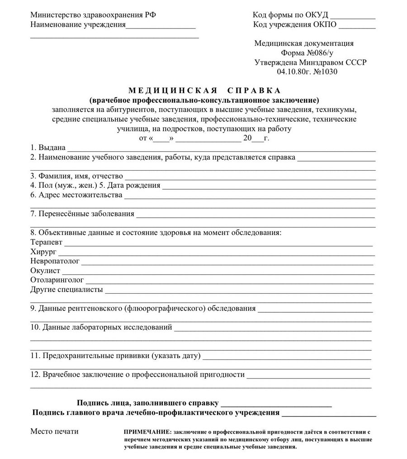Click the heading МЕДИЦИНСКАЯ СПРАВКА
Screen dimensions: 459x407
pyautogui.click(x=204, y=91)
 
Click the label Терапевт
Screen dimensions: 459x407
pyautogui.click(x=47, y=242)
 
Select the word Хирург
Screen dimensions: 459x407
pyautogui.click(x=43, y=252)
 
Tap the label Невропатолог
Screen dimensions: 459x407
pyautogui.click(x=55, y=261)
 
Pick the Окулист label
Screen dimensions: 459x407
pyautogui.click(x=45, y=271)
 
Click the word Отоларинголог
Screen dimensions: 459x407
pyautogui.click(x=57, y=280)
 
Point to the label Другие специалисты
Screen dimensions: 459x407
pyautogui.click(x=66, y=290)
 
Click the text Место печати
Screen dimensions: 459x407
pyautogui.click(x=54, y=431)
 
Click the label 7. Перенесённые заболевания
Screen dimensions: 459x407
pyautogui.click(x=82, y=214)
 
